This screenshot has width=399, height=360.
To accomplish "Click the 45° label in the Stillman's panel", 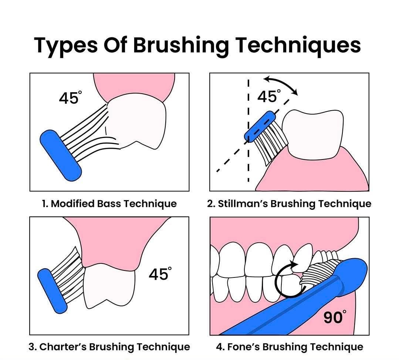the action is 269,96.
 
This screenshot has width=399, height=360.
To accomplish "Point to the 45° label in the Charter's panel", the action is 160,274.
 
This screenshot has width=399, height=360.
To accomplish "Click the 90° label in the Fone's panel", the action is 335,317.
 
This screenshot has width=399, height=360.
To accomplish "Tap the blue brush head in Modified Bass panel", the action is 61,155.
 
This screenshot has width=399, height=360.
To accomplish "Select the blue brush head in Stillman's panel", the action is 260,126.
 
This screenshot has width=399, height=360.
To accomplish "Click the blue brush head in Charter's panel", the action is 52,291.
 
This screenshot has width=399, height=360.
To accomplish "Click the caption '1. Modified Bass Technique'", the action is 109,203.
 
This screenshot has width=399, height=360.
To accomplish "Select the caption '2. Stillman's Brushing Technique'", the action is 289,203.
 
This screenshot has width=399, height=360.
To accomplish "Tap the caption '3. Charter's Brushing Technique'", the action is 109,347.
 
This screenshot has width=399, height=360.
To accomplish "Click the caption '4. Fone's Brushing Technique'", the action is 290,347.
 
